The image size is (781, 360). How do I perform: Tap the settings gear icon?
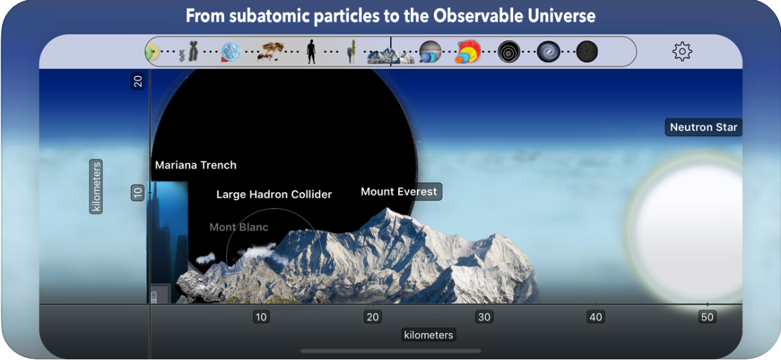[682, 51]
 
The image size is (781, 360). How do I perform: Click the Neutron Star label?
[703, 127]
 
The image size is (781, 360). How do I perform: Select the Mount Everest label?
[399, 192]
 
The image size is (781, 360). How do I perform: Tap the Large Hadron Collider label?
[274, 195]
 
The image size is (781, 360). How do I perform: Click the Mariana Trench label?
[195, 165]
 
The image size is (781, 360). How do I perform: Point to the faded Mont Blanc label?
[239, 227]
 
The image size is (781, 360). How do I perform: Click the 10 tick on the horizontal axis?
[261, 318]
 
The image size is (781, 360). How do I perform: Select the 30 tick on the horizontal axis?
[484, 318]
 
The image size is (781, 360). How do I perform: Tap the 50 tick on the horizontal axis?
[707, 318]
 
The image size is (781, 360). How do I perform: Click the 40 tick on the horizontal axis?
[595, 318]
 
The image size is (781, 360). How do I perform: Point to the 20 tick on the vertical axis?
[138, 81]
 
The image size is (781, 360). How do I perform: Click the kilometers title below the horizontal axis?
[428, 335]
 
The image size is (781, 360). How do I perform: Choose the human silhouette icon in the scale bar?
[311, 52]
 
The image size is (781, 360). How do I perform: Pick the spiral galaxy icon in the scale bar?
[548, 52]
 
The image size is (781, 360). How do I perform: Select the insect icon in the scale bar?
[271, 52]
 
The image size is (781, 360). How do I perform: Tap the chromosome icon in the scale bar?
[192, 52]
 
